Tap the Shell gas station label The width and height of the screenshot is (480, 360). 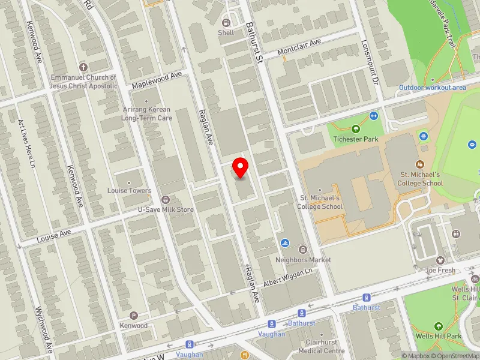tap(226, 33)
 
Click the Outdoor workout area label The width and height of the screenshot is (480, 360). tap(433, 88)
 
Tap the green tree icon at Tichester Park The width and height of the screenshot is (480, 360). tap(356, 128)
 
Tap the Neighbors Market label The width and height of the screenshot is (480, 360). tap(303, 260)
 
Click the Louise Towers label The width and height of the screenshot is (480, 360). tap(130, 191)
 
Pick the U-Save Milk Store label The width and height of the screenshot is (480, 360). tap(166, 209)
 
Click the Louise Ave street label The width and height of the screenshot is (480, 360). tap(54, 236)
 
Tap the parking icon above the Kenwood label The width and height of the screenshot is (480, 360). tap(134, 316)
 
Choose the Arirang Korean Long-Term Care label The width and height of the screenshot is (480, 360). tap(148, 114)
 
